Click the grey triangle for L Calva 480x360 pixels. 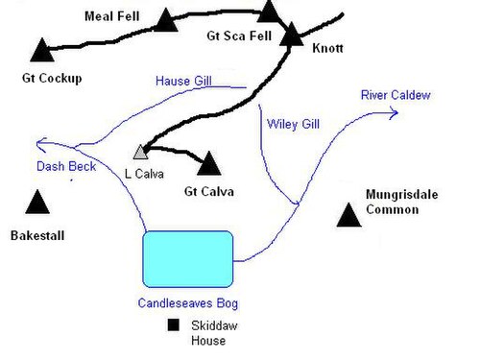point(140,153)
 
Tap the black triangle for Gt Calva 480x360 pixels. point(209,164)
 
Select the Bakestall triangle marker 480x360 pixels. point(37,203)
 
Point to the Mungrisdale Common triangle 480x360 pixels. point(348,215)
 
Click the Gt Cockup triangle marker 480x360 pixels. point(42,50)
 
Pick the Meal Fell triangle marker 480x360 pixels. point(166,20)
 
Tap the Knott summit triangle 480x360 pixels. point(292,35)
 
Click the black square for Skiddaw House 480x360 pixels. point(174,324)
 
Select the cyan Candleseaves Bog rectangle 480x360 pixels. point(188,259)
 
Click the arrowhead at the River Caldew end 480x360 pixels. point(396,113)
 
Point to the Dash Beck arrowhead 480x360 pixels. point(40,144)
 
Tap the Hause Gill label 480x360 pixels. point(183,81)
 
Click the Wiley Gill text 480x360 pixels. point(293,124)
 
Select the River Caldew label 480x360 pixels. point(396,95)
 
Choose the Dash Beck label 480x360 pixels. point(66,166)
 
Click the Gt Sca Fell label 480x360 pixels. point(239,36)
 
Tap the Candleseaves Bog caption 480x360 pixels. point(188,303)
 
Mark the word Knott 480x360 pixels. point(327,48)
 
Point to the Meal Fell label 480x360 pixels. point(111,16)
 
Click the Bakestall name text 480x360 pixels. point(37,236)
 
